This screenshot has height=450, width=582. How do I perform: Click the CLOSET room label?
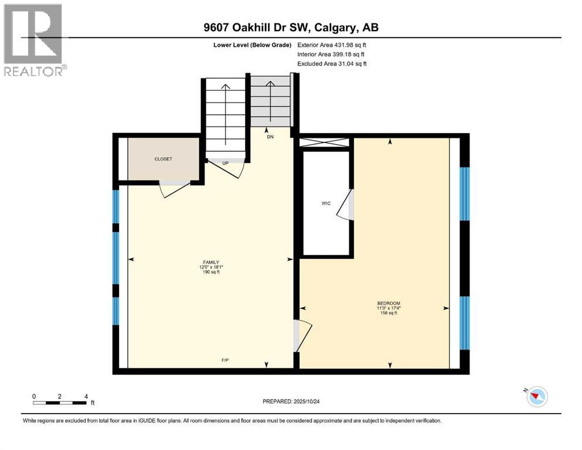164,159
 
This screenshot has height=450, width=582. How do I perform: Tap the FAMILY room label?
211,262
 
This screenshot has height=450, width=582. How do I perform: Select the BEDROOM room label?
389,303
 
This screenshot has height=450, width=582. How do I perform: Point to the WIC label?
326,203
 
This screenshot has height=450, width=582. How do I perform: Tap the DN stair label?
270,137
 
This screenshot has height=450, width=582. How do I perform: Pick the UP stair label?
226,162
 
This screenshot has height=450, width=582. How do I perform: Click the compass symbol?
537,397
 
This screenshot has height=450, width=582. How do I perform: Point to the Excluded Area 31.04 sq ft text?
332,63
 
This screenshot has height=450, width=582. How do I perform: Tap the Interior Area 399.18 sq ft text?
332,54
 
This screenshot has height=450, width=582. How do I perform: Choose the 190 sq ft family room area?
211,272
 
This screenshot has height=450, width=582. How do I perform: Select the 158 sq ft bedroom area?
389,313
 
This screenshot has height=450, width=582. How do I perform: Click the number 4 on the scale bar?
86,396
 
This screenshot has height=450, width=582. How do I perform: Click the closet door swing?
173,188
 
